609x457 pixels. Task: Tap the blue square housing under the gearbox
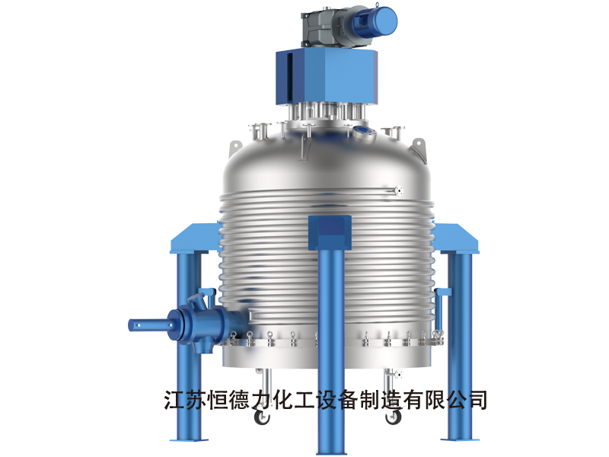(x=327, y=78)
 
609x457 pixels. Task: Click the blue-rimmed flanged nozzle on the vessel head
(x=365, y=132)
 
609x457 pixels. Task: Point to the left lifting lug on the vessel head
(x=235, y=149)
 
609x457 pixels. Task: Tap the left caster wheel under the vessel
(x=262, y=417)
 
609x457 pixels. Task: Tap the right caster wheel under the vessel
(x=393, y=417)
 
